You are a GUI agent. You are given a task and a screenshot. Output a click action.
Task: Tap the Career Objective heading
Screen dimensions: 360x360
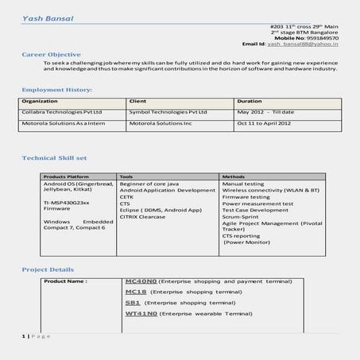pyautogui.click(x=50, y=54)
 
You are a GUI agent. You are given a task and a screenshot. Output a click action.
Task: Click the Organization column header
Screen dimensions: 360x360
pyautogui.click(x=40, y=102)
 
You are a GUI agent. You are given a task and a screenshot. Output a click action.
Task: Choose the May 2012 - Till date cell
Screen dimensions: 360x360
pyautogui.click(x=265, y=113)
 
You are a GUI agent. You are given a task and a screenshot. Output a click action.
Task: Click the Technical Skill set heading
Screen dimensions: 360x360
pyautogui.click(x=56, y=159)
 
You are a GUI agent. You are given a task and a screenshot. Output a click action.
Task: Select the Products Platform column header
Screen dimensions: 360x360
pyautogui.click(x=66, y=176)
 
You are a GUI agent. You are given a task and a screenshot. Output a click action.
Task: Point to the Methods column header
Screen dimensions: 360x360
pyautogui.click(x=233, y=176)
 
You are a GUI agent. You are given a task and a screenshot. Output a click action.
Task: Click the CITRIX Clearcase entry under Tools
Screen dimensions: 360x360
pyautogui.click(x=143, y=216)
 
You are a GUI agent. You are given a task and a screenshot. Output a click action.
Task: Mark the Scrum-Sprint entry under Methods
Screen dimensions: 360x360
pyautogui.click(x=240, y=216)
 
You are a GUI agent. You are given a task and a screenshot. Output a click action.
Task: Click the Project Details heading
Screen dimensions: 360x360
pyautogui.click(x=48, y=269)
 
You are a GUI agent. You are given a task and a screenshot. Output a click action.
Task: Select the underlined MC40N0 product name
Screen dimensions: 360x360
pyautogui.click(x=141, y=281)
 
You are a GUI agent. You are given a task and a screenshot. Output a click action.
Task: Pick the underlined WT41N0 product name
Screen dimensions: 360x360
pyautogui.click(x=141, y=315)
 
